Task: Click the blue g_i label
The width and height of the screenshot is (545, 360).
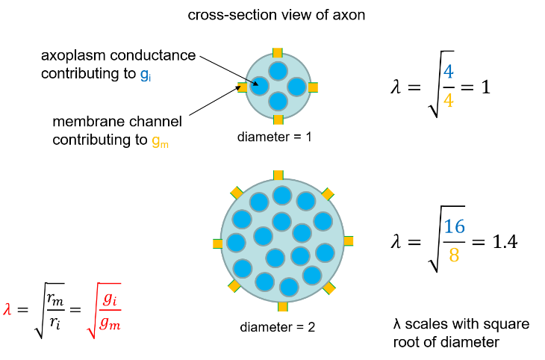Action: (x=146, y=75)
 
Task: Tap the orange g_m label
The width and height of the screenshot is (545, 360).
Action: (x=160, y=141)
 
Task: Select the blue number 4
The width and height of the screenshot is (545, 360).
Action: (x=448, y=72)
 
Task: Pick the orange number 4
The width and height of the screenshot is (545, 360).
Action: (x=448, y=101)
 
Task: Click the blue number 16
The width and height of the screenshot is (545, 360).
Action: (x=454, y=226)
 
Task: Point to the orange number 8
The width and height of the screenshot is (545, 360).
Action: (x=454, y=255)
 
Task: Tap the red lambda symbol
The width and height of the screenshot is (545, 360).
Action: (x=7, y=309)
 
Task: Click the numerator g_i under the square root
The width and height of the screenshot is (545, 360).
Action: (x=110, y=298)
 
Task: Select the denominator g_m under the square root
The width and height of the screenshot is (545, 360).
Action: (x=110, y=323)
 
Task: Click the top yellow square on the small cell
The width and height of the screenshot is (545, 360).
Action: (x=278, y=53)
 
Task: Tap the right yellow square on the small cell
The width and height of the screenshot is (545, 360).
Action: (x=313, y=87)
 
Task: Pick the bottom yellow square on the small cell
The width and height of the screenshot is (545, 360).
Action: (x=278, y=120)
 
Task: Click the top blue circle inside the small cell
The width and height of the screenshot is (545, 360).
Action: (x=278, y=71)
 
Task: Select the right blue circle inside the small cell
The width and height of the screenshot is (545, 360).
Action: (x=296, y=87)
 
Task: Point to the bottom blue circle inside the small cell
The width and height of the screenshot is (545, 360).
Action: (x=278, y=101)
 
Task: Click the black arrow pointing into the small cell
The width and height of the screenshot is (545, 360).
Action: (x=252, y=82)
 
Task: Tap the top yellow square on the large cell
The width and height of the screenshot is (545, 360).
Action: (x=278, y=175)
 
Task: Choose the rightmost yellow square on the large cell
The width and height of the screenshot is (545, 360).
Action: (x=349, y=240)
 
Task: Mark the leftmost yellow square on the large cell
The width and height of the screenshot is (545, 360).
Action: (x=217, y=243)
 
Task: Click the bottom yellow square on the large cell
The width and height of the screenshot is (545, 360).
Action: (x=282, y=306)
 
